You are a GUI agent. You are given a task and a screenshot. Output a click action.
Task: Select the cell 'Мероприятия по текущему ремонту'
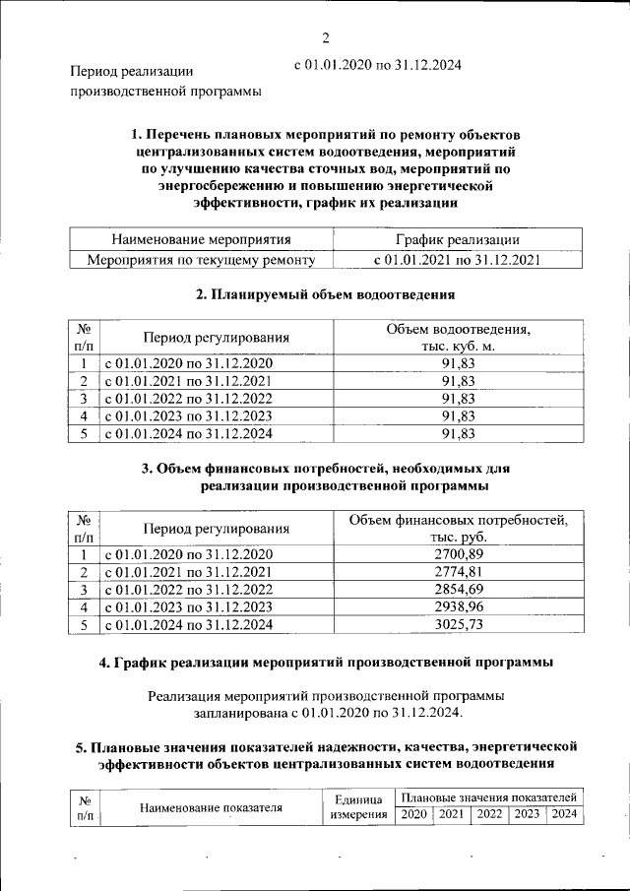click(201, 260)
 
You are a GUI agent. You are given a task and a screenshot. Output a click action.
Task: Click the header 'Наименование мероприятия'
click(201, 240)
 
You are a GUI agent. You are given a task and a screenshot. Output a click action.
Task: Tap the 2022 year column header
click(489, 814)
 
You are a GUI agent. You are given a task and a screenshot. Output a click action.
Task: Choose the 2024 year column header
click(564, 814)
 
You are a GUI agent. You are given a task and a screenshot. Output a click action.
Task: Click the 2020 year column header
click(413, 814)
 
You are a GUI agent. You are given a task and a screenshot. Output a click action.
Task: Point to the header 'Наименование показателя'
click(211, 807)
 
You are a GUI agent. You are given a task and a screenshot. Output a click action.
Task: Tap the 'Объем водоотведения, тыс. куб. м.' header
click(459, 338)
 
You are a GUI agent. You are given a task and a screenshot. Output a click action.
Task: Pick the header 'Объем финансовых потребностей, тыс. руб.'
click(459, 528)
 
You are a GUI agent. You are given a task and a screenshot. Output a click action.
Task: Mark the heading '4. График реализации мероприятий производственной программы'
click(326, 663)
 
